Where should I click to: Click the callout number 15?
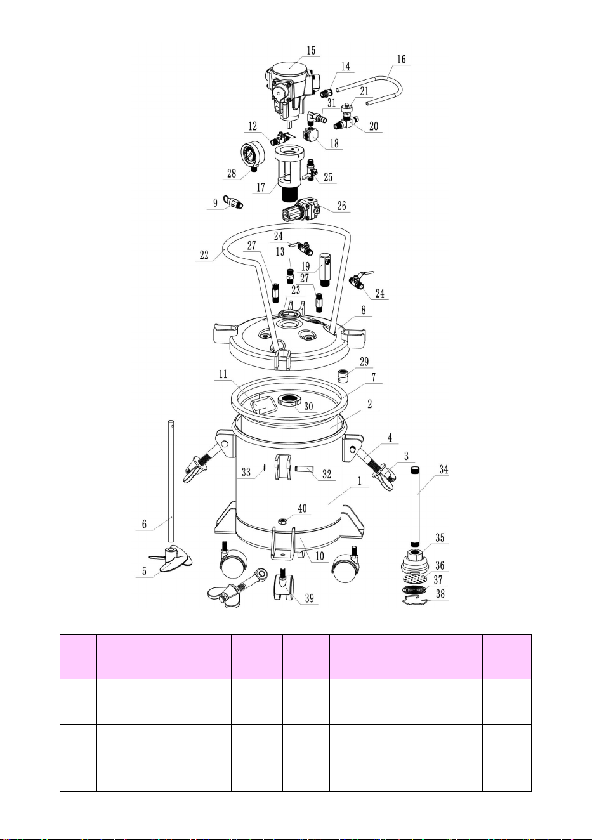click(311, 50)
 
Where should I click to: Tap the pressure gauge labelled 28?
click(253, 155)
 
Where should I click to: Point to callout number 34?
click(444, 469)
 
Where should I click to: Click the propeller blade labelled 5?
click(171, 560)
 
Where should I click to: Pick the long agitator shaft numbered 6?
click(171, 481)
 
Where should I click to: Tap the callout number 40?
click(302, 508)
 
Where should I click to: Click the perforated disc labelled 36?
click(417, 578)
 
